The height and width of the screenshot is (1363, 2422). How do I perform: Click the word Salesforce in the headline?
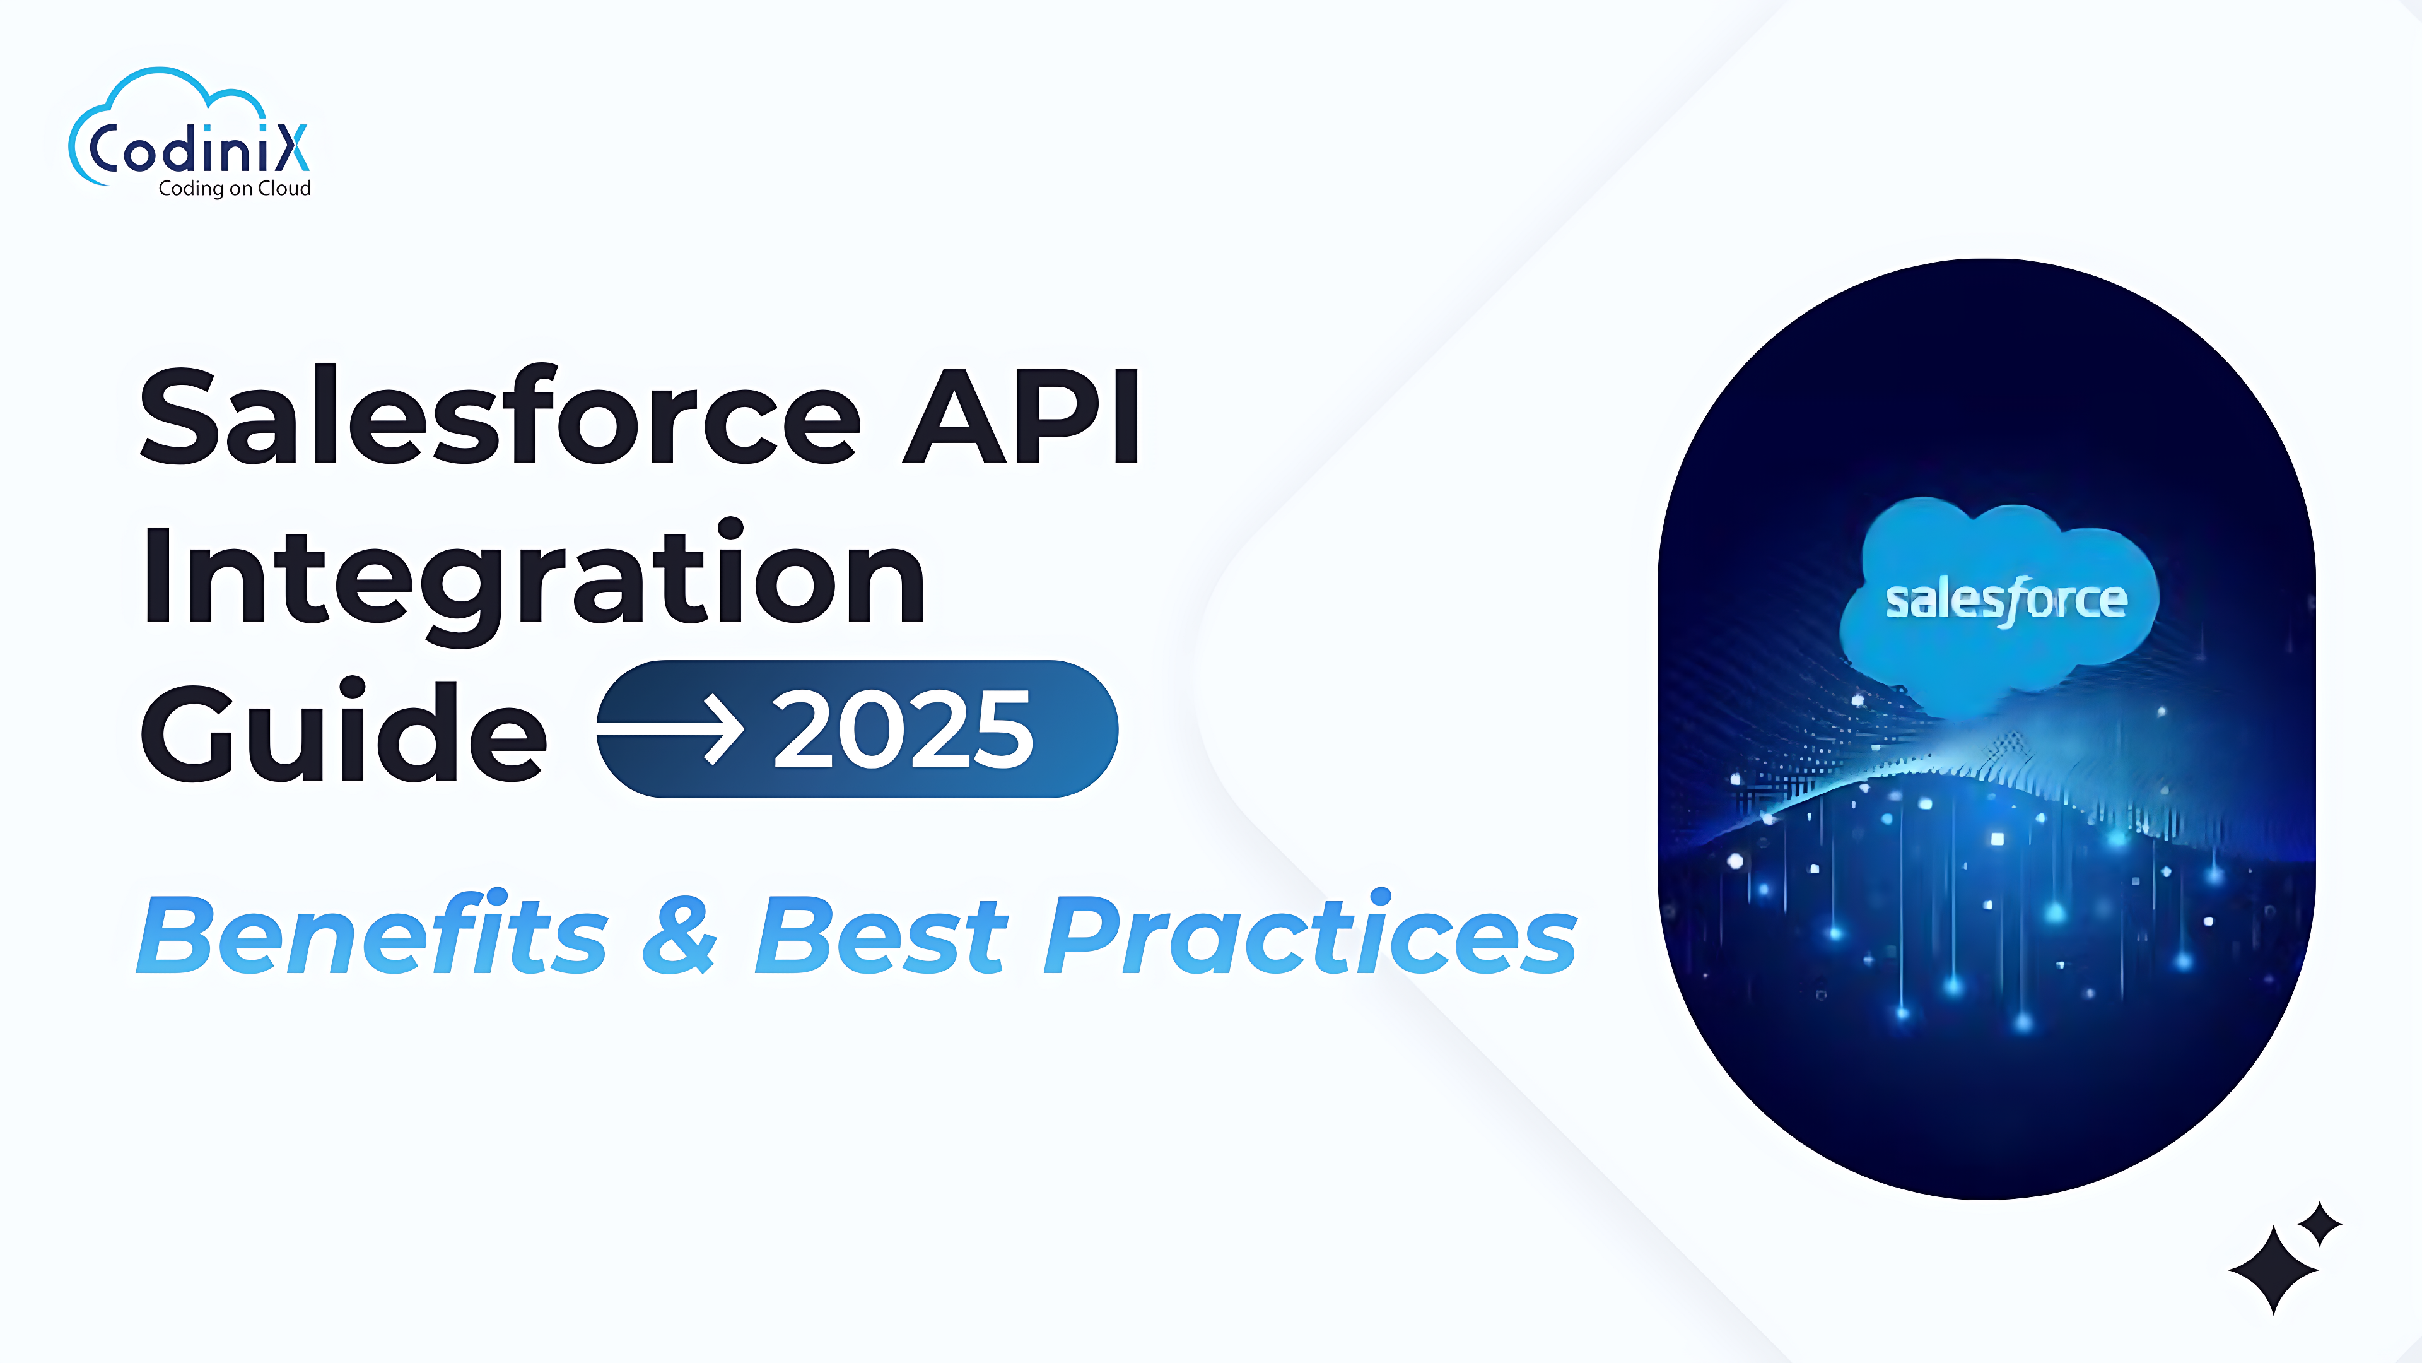pos(500,416)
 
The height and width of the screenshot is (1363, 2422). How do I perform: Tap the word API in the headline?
pos(1022,416)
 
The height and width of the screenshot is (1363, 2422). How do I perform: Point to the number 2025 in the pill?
pos(903,729)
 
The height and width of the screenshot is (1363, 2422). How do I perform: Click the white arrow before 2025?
pos(670,729)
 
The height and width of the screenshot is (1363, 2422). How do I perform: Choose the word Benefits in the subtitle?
pos(373,933)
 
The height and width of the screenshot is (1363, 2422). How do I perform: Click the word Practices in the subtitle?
pos(1311,933)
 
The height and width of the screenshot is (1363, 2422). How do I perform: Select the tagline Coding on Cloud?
pos(235,188)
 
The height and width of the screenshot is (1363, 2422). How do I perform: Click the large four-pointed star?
pos(2273,1270)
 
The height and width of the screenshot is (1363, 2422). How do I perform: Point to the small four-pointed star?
pos(2320,1224)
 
